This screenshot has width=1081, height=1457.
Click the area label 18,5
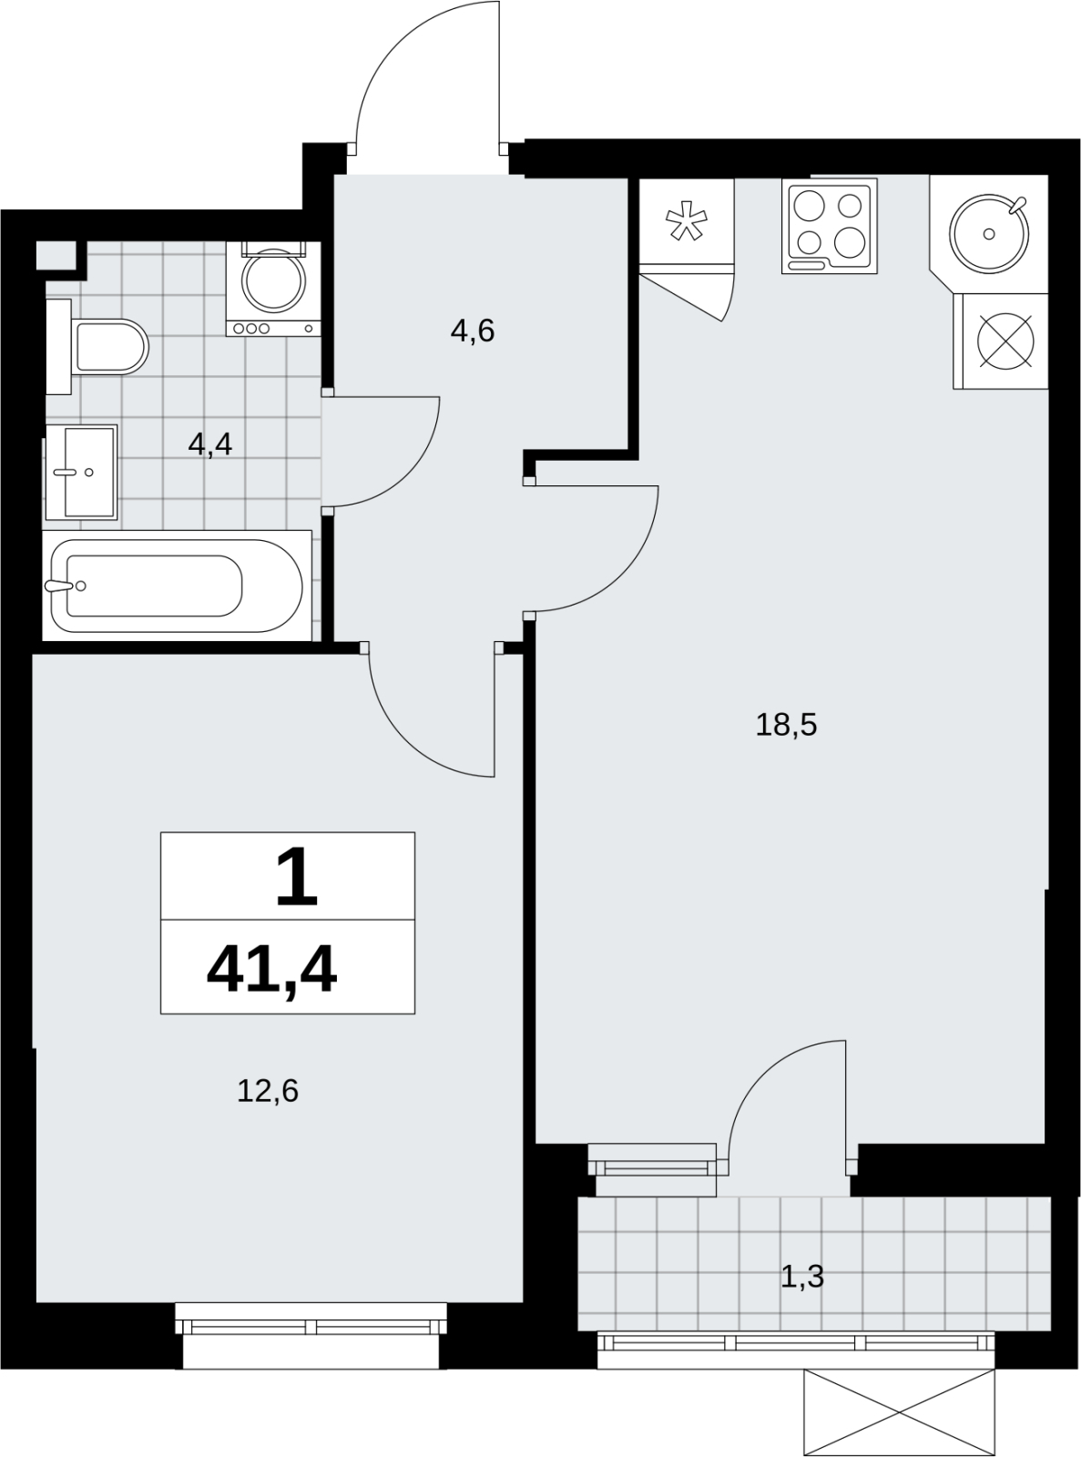[x=786, y=726]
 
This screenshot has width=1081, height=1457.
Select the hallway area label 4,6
[x=473, y=331]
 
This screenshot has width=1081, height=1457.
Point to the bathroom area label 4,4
[x=209, y=444]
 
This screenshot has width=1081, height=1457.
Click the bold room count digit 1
[x=297, y=878]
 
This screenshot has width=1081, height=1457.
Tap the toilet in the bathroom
[x=97, y=347]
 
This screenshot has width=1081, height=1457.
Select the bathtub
[x=177, y=586]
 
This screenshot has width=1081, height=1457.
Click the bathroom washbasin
[x=81, y=473]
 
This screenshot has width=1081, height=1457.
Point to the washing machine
[x=273, y=289]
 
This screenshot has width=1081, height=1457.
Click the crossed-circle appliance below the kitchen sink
[x=1001, y=341]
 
